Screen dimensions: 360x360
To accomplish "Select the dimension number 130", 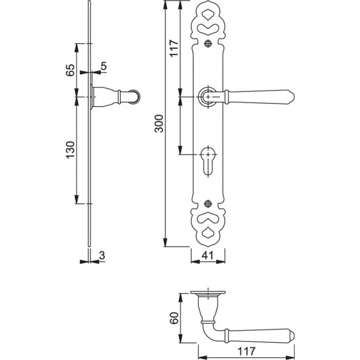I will tap(70, 150).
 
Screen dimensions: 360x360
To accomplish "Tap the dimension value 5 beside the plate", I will tap(104, 68).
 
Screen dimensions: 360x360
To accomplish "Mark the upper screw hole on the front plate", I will tap(208, 44).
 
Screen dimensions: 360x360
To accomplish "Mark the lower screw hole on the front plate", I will tap(208, 203).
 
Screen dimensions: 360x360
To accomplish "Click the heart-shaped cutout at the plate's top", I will tap(208, 28).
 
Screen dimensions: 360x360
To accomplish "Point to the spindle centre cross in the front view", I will tap(208, 97).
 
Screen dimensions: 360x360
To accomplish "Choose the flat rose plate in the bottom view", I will tap(208, 293).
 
